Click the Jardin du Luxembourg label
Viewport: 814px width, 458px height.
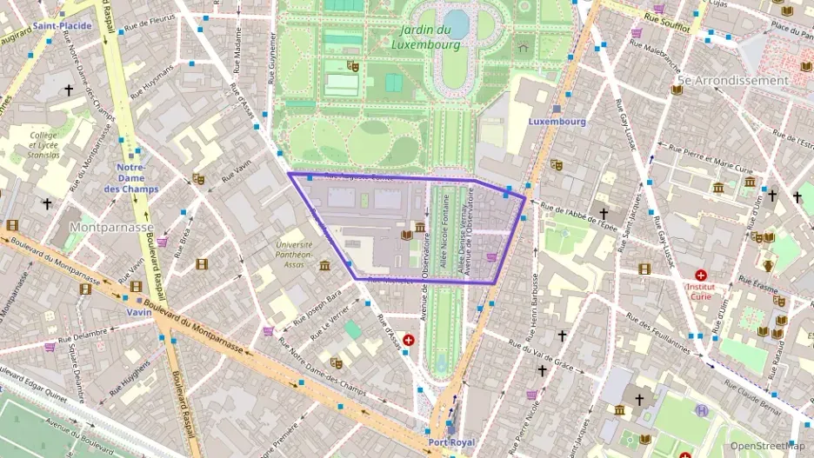pyautogui.click(x=425, y=36)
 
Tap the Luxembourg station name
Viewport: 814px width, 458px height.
pyautogui.click(x=557, y=122)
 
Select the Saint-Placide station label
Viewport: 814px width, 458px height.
pyautogui.click(x=63, y=26)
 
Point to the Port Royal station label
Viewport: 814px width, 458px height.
pyautogui.click(x=450, y=443)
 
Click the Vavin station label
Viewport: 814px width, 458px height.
pyautogui.click(x=138, y=311)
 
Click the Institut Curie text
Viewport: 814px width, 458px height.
pyautogui.click(x=701, y=290)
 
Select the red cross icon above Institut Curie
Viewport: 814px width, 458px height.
pyautogui.click(x=701, y=275)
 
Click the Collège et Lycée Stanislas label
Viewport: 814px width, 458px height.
pyautogui.click(x=44, y=145)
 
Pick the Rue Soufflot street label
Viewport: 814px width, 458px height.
pyautogui.click(x=667, y=23)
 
